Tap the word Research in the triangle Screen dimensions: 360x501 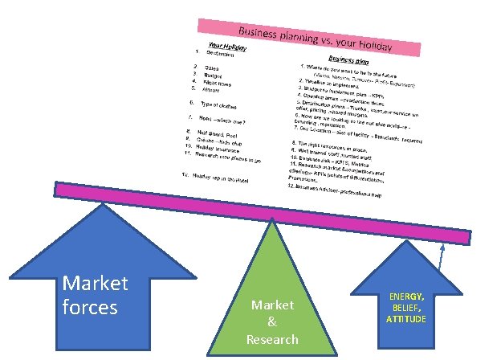273,339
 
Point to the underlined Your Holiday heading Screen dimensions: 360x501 227,47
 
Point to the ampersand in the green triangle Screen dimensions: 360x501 273,322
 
